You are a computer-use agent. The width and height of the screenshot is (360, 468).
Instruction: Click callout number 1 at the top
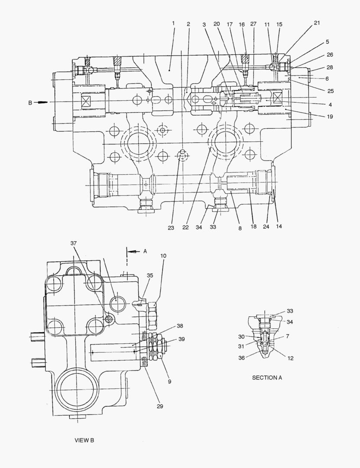(x=173, y=23)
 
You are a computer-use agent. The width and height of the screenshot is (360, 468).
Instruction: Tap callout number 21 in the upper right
(x=317, y=23)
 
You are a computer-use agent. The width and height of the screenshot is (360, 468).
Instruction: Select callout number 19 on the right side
(x=330, y=117)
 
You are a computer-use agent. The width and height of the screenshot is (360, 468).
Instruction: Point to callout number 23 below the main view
(x=171, y=228)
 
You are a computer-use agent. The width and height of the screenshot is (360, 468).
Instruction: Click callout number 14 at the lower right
(x=279, y=226)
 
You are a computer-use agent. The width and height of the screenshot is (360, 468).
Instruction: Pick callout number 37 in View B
(x=74, y=243)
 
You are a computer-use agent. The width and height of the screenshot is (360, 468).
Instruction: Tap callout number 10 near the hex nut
(x=163, y=256)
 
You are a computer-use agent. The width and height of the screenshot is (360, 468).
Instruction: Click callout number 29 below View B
(x=160, y=406)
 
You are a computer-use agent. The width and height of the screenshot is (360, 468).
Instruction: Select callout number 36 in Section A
(x=242, y=357)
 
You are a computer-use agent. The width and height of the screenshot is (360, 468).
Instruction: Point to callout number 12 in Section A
(x=290, y=358)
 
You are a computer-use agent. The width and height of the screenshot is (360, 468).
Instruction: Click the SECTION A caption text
(x=267, y=377)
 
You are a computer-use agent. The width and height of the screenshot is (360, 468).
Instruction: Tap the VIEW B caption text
(x=84, y=440)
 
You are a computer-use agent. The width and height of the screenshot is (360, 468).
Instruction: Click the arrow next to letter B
(x=41, y=102)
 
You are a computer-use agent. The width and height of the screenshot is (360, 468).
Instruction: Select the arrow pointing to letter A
(x=133, y=252)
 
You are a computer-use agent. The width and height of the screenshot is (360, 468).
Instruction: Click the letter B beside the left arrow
(x=30, y=103)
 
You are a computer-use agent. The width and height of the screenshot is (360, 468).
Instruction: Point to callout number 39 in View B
(x=182, y=339)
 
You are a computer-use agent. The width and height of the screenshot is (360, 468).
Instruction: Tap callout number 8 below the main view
(x=240, y=228)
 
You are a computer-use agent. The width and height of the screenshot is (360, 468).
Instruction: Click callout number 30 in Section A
(x=241, y=337)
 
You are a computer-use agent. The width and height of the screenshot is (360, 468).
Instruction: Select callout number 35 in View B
(x=150, y=275)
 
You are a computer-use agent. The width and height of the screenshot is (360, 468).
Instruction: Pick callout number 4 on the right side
(x=330, y=104)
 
